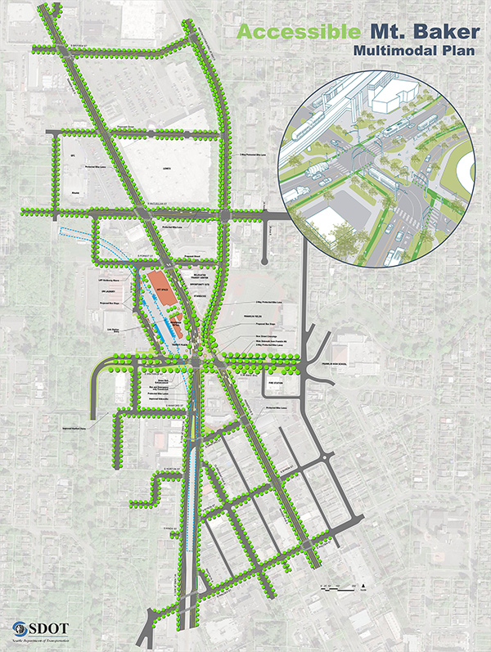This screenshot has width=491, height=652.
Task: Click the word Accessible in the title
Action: [x=295, y=34]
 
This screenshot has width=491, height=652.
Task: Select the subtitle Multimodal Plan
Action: [x=410, y=53]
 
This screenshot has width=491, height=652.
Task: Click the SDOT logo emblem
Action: [x=19, y=629]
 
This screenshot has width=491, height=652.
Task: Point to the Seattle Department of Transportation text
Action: [x=42, y=642]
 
